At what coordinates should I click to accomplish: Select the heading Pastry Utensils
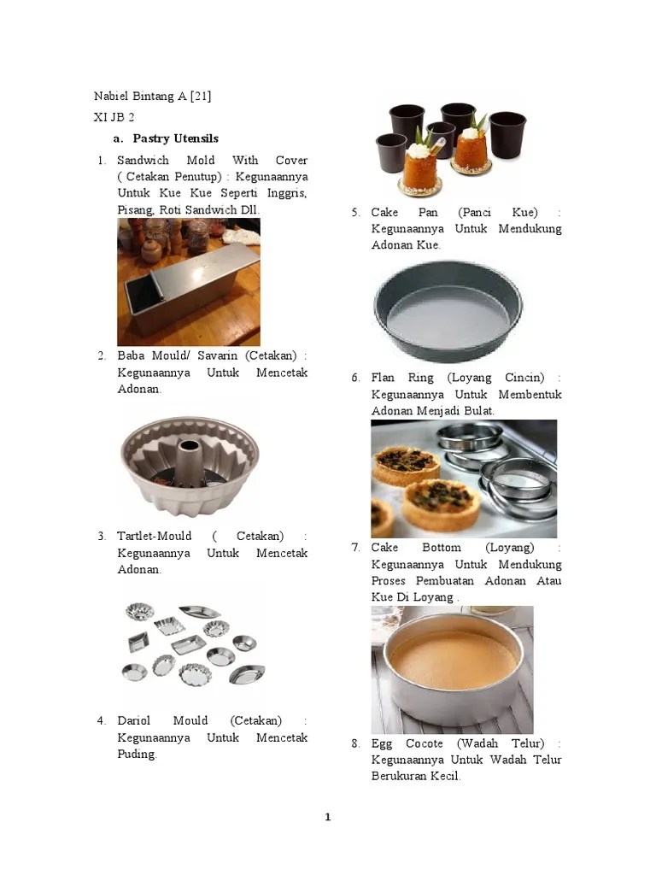[176, 138]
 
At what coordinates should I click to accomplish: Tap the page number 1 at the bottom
[328, 817]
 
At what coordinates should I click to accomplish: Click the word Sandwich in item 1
[143, 160]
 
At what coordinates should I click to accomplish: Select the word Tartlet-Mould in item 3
[154, 537]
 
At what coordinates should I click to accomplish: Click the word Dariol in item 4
[134, 720]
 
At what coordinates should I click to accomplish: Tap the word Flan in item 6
[383, 378]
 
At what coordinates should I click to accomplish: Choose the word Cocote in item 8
[424, 743]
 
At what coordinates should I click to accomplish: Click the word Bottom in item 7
[442, 548]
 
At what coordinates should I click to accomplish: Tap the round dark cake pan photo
[448, 311]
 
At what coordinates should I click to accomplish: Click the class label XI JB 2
[114, 117]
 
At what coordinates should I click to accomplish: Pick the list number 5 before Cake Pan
[355, 213]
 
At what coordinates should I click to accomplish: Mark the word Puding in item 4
[137, 754]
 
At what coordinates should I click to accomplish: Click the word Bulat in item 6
[479, 411]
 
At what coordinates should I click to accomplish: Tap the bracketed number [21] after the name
[201, 96]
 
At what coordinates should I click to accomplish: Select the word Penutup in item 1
[197, 177]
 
